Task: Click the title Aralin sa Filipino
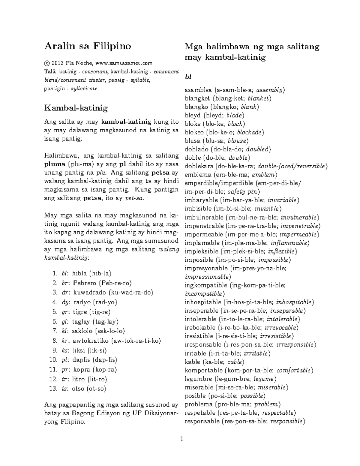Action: [88, 46]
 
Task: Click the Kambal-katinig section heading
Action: [76, 108]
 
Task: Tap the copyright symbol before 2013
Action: [46, 63]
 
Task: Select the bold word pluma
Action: [55, 164]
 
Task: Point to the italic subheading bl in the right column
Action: [188, 77]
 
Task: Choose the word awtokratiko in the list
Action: [91, 341]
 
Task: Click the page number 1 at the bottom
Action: [181, 440]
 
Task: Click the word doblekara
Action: [199, 166]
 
